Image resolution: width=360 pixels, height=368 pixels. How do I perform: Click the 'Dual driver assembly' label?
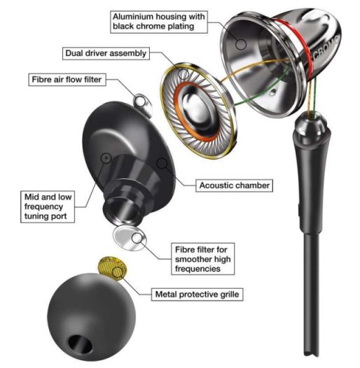tap(106, 53)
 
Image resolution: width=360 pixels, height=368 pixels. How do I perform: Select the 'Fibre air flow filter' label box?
tap(67, 80)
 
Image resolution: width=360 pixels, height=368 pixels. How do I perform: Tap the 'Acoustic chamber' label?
tap(235, 185)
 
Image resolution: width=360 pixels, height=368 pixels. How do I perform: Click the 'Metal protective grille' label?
tap(197, 295)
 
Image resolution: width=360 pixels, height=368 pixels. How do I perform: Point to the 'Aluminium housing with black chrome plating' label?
tap(159, 22)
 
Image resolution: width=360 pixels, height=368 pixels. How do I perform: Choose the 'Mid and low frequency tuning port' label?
tap(48, 207)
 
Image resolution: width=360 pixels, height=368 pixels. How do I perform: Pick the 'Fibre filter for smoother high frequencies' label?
tap(202, 259)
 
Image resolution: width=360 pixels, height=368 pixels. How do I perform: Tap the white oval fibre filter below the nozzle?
tap(130, 238)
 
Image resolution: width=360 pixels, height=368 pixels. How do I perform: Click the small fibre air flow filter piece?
tap(142, 104)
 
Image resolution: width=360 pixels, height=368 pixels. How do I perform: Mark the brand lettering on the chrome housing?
tap(326, 49)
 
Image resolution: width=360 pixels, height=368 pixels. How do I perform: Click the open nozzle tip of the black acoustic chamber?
tap(122, 209)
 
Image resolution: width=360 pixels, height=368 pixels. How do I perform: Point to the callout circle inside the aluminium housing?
tap(241, 44)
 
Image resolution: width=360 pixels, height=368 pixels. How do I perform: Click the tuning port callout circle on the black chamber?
tap(106, 158)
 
